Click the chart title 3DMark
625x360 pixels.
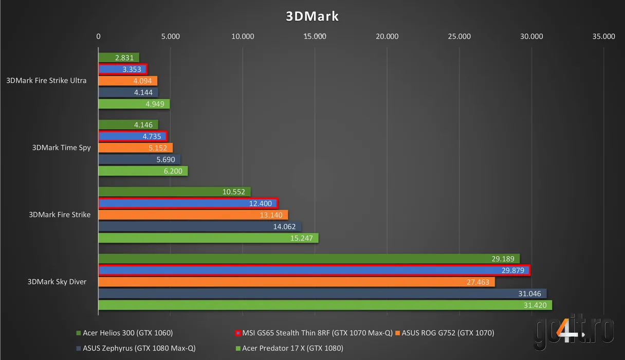click(x=312, y=16)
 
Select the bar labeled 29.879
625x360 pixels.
click(x=314, y=270)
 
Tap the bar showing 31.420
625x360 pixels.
click(x=325, y=305)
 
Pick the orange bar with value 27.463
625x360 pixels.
click(x=296, y=282)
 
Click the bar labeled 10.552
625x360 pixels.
click(x=174, y=192)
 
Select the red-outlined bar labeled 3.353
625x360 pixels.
click(x=123, y=69)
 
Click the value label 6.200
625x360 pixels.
click(x=173, y=171)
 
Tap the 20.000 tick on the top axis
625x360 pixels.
click(x=387, y=37)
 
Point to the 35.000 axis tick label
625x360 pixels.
click(x=603, y=37)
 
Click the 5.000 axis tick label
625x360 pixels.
click(x=170, y=37)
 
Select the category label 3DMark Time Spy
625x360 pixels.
click(x=61, y=148)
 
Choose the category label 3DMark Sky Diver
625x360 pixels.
click(x=57, y=282)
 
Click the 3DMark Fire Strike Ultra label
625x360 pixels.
click(x=46, y=81)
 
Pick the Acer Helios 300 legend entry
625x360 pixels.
click(x=124, y=333)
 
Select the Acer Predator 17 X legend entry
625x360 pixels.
click(x=289, y=348)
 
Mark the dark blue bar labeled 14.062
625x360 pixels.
click(x=200, y=226)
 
